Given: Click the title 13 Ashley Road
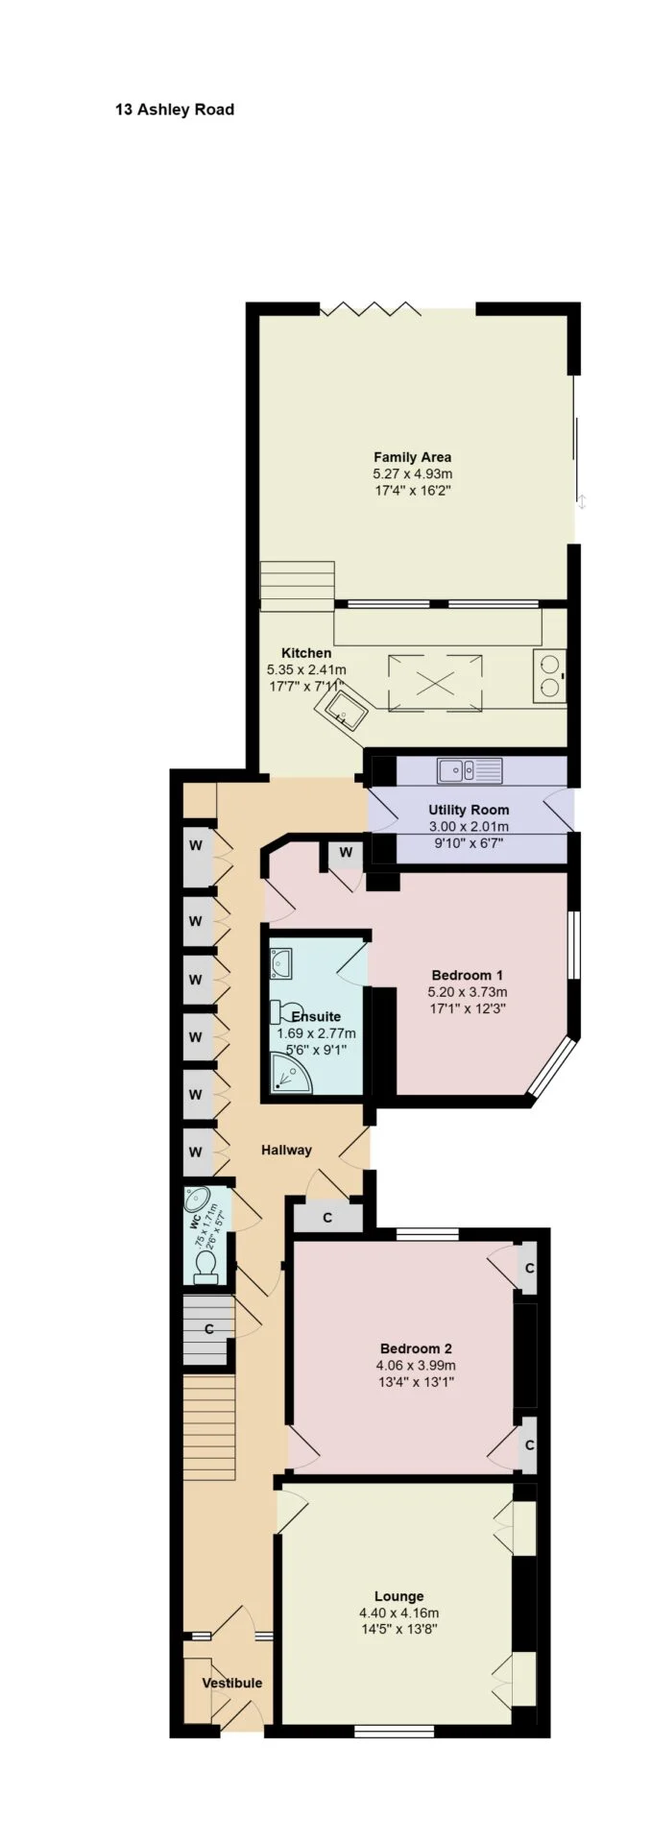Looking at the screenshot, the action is tap(175, 109).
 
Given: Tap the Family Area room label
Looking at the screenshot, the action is tap(413, 457).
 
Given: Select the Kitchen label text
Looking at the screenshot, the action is tap(306, 653).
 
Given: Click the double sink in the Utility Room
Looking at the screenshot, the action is tap(470, 769).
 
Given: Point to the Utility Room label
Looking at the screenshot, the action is tap(469, 810).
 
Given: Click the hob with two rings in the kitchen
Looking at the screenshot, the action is tap(549, 674).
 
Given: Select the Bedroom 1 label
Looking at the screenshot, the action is tap(468, 975).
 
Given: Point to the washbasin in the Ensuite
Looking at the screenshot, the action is tap(281, 961).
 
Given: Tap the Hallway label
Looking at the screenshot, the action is tap(287, 1150).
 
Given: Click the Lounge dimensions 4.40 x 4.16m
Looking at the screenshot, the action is tap(398, 1613).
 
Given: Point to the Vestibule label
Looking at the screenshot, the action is tap(231, 1683).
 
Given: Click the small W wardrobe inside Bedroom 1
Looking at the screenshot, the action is tap(345, 853).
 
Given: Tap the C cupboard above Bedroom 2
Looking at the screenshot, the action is tap(327, 1218).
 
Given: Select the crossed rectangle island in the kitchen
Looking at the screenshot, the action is tap(435, 683).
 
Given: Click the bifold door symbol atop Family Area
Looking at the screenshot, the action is tap(371, 308).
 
